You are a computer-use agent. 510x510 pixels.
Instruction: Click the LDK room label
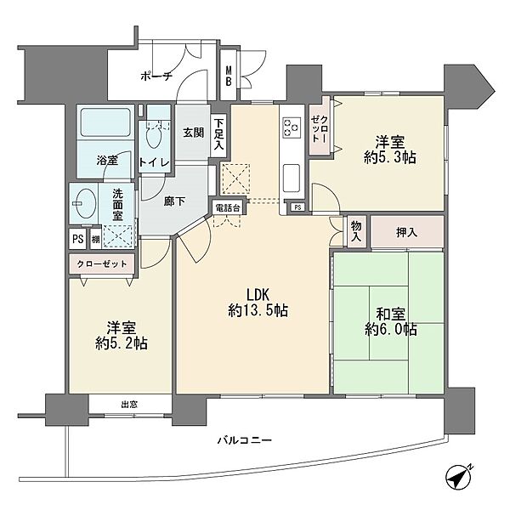tap(258, 295)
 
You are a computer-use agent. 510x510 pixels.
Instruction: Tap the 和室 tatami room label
tap(391, 314)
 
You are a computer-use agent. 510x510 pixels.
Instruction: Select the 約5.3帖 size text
tap(390, 158)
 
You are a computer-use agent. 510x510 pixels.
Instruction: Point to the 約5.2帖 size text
tap(122, 343)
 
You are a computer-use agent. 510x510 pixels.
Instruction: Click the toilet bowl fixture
tap(154, 138)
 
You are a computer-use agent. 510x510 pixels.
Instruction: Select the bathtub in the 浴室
tap(105, 122)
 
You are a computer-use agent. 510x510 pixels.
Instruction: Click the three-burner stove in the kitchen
tap(292, 127)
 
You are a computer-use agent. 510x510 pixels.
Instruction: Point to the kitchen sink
tap(292, 178)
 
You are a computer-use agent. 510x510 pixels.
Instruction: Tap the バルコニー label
tap(245, 440)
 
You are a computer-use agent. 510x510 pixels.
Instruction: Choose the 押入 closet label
tap(406, 232)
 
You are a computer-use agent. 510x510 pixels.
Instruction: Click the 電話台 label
tap(228, 208)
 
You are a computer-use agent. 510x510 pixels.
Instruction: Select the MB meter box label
tap(229, 76)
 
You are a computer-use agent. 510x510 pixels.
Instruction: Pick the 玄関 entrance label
tap(193, 133)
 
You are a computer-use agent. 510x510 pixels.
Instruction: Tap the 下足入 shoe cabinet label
tap(219, 134)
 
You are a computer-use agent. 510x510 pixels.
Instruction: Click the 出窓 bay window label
tap(129, 405)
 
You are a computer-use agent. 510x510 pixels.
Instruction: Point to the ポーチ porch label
tap(156, 76)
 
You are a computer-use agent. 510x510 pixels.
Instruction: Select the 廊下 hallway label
tap(174, 201)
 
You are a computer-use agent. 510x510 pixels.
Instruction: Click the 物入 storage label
tap(356, 231)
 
